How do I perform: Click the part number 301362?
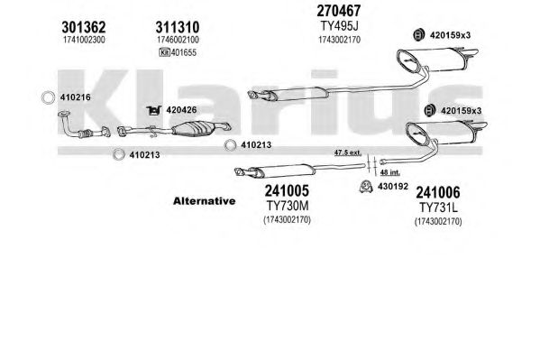(x=83, y=27)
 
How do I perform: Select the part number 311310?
(x=178, y=27)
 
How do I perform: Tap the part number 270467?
(x=339, y=11)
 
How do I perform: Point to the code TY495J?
(x=339, y=26)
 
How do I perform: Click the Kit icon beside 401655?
(x=165, y=52)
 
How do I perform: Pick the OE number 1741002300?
(x=84, y=40)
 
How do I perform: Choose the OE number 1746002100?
(x=178, y=40)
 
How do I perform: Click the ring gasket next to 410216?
(x=48, y=97)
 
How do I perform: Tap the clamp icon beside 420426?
(x=154, y=110)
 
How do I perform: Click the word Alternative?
(x=205, y=201)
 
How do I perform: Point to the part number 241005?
(x=287, y=190)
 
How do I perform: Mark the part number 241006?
(x=438, y=192)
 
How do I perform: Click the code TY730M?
(x=288, y=206)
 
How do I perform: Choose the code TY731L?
(x=438, y=208)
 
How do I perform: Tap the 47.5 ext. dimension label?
(x=348, y=152)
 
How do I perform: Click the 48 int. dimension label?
(x=390, y=172)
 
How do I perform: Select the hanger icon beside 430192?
(x=366, y=187)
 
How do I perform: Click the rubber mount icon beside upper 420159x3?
(x=418, y=35)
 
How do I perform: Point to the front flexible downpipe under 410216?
(x=83, y=127)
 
